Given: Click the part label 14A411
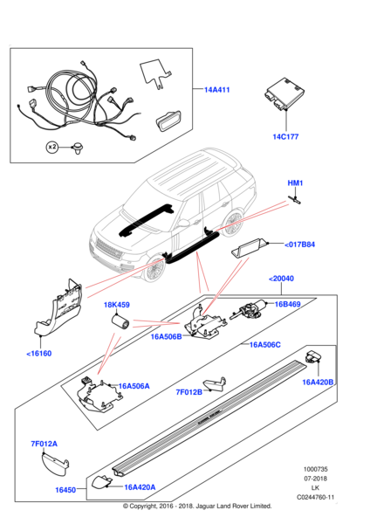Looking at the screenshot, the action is [216, 90].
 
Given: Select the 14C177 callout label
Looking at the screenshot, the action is [285, 136].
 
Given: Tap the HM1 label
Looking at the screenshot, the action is [295, 183].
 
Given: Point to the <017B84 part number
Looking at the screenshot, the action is [299, 245].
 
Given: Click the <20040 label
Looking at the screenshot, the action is [281, 279].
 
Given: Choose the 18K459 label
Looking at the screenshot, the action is [117, 305].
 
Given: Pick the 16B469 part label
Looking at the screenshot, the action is [287, 304].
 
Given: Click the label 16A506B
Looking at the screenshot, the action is [167, 336].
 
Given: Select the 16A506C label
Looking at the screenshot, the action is [265, 345].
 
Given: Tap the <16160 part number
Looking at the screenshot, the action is [39, 353].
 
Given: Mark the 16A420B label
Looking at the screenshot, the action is [318, 382].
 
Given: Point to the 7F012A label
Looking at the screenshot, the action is [45, 444].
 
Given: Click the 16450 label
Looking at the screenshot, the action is [65, 490].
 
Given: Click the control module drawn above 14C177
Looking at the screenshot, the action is [284, 93].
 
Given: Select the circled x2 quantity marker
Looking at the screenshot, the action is [51, 147].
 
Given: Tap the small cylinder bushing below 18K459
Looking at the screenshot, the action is [120, 321].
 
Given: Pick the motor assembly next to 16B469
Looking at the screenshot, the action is [249, 309].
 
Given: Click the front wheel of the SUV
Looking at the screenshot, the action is [154, 269].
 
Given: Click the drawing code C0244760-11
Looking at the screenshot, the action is [316, 497].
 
